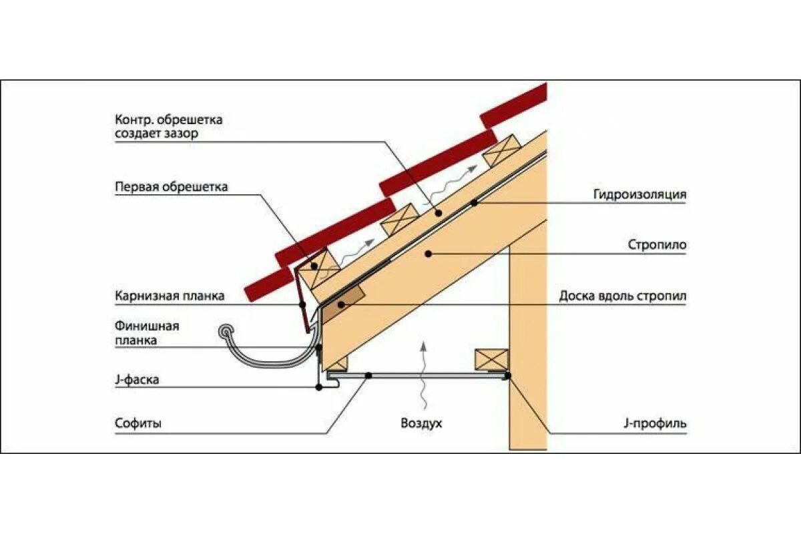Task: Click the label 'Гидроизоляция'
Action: pos(639,195)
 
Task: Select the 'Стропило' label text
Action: pos(657,245)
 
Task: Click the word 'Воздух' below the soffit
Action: pos(421,423)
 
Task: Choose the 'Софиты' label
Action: pos(138,423)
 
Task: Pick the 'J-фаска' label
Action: pos(136,380)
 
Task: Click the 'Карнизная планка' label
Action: pos(170,296)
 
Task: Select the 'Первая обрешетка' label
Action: pos(171,187)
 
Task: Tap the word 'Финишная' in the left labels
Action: pos(147,326)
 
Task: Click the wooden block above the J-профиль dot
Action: pos(491,359)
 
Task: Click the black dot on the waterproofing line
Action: pos(473,202)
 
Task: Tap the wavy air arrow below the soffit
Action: pos(422,374)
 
